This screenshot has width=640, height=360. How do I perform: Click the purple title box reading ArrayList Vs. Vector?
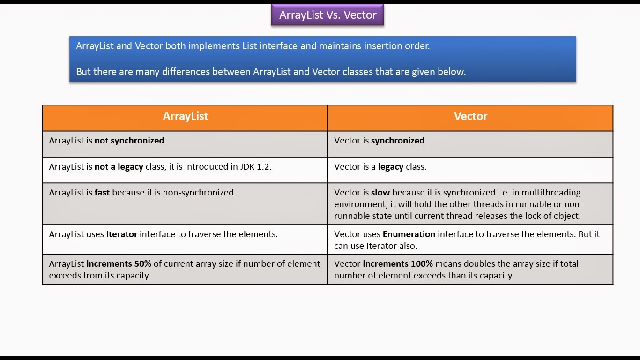click(x=327, y=15)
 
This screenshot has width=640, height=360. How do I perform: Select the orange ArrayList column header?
click(x=185, y=117)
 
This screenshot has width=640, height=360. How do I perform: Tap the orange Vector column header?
click(x=470, y=117)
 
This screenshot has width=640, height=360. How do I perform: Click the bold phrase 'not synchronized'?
click(x=129, y=141)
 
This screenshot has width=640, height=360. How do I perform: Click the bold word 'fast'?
click(x=102, y=193)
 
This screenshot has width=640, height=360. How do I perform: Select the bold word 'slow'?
click(x=380, y=193)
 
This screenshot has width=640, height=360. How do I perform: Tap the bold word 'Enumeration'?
click(x=409, y=234)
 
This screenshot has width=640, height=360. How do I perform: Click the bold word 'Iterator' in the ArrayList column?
click(x=121, y=234)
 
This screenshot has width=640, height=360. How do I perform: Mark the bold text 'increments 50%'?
click(x=119, y=264)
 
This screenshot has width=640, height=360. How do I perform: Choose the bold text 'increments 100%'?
click(x=397, y=264)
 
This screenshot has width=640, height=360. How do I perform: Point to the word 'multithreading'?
click(x=551, y=193)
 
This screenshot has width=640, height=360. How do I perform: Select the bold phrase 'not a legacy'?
click(x=119, y=167)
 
